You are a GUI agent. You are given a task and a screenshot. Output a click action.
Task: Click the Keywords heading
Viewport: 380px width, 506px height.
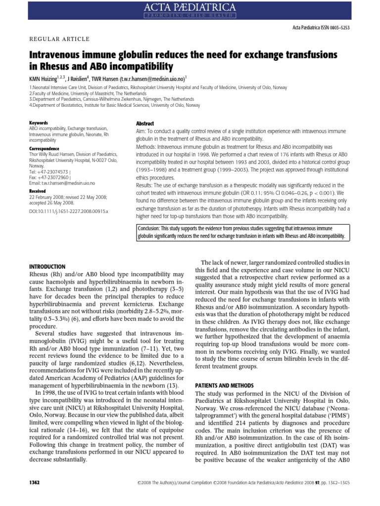[x=39, y=123]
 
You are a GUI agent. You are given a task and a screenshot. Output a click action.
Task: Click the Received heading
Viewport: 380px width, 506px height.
[x=38, y=191]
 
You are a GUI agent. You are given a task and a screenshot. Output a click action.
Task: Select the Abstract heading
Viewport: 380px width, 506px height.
[x=144, y=124]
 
